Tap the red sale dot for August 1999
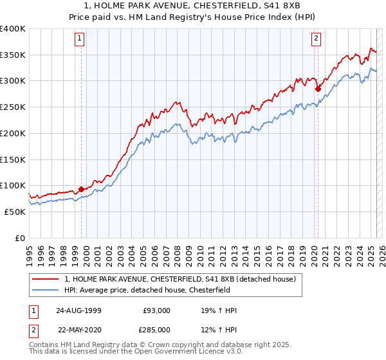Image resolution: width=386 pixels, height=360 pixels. click(82, 189)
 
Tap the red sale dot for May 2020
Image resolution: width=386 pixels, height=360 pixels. click(318, 89)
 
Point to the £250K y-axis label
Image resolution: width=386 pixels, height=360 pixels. click(13, 107)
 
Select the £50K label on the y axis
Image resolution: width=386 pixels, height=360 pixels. click(15, 212)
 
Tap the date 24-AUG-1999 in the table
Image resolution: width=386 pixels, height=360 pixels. click(78, 310)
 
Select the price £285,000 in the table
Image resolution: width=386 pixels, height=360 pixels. click(156, 329)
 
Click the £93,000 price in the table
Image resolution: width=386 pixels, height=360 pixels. click(156, 310)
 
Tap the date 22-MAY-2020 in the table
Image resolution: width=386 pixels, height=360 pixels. click(78, 329)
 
